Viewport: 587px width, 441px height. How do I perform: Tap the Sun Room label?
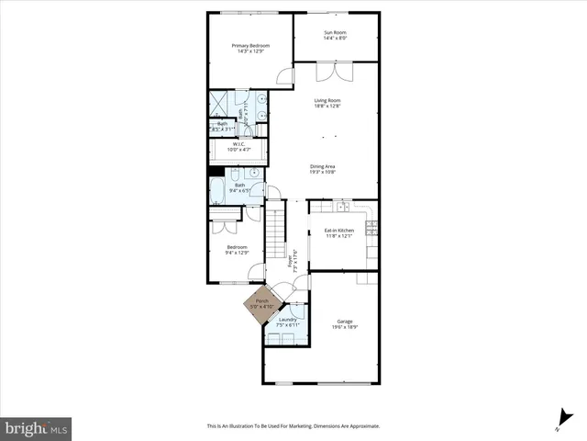click(x=334, y=33)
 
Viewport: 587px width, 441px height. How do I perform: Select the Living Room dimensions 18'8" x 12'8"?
click(x=327, y=107)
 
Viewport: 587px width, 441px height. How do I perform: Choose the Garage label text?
click(x=344, y=321)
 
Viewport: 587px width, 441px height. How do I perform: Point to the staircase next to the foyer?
click(x=277, y=235)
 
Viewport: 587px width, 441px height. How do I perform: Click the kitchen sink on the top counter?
click(x=341, y=207)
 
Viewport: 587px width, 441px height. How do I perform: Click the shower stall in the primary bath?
click(x=221, y=104)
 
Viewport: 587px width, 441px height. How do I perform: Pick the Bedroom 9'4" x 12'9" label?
click(x=238, y=247)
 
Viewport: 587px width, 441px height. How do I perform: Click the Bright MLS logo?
click(x=37, y=428)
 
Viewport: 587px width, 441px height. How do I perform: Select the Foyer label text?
click(x=292, y=261)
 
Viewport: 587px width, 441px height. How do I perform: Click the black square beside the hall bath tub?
click(x=216, y=171)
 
